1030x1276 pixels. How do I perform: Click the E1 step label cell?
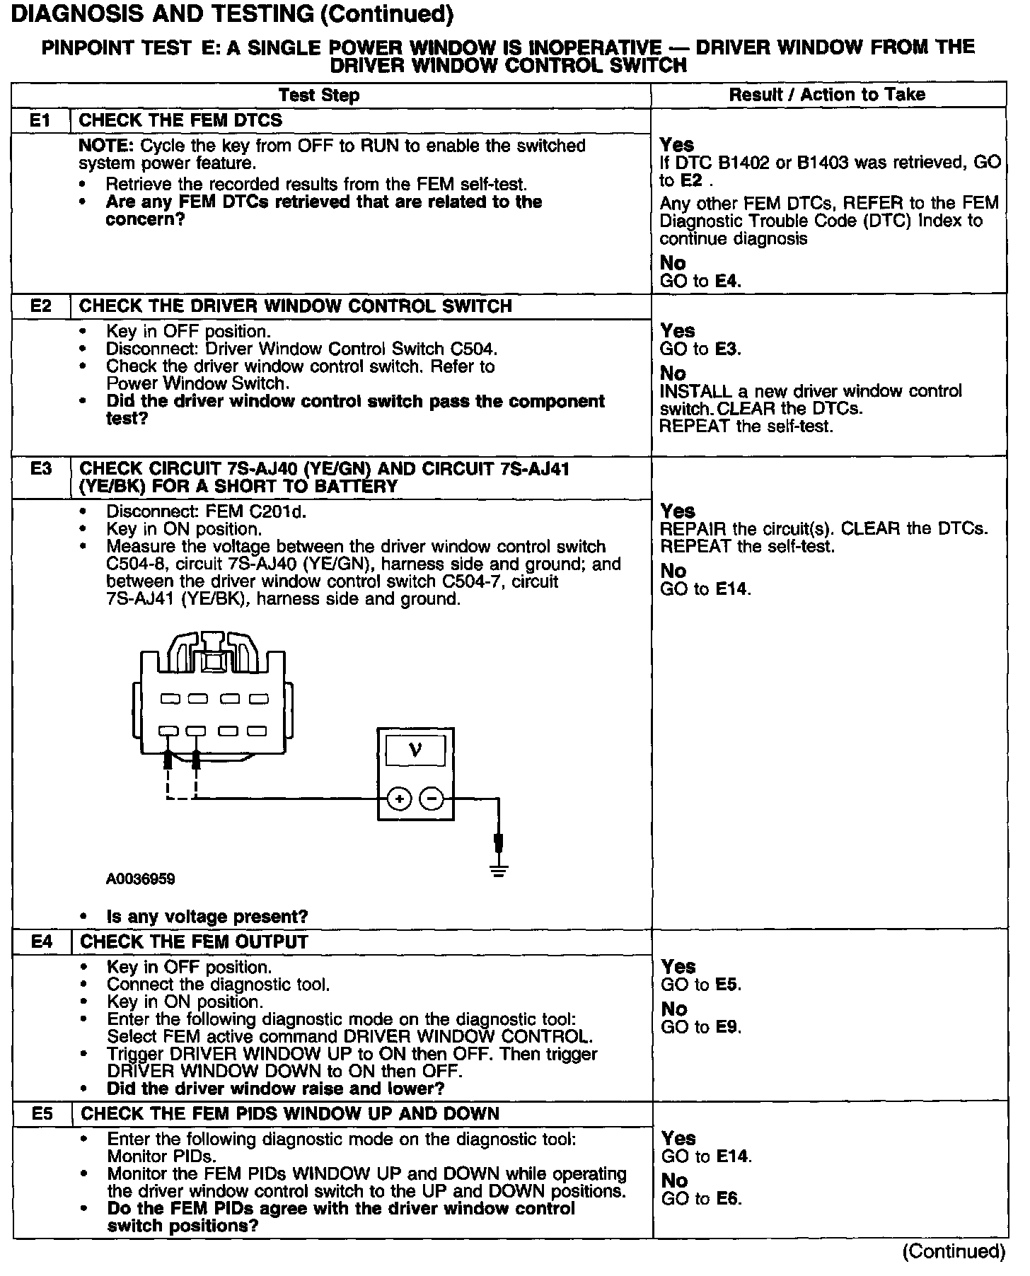click(41, 120)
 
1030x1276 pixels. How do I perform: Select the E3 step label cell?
click(41, 469)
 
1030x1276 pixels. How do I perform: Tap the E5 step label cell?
click(42, 1114)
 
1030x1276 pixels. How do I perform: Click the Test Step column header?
click(318, 95)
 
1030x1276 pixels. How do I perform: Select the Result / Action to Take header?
click(827, 95)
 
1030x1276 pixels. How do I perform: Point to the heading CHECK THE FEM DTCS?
click(180, 120)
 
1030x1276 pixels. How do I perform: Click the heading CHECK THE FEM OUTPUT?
click(194, 942)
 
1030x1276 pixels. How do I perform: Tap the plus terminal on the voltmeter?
click(400, 799)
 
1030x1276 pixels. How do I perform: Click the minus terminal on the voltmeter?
click(432, 799)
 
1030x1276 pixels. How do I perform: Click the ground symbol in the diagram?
click(499, 871)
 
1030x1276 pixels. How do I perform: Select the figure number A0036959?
click(141, 879)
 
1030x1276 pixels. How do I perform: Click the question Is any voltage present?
click(207, 917)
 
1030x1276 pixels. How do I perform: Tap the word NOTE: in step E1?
click(107, 146)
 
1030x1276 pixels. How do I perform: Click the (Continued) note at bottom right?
click(954, 1251)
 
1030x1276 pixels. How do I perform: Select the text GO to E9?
click(701, 1027)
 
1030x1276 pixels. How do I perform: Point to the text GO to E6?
click(701, 1199)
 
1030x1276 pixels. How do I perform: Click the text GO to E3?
click(700, 349)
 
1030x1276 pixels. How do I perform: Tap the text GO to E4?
click(700, 281)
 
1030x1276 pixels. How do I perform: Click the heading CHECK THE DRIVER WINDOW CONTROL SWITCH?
click(296, 306)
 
